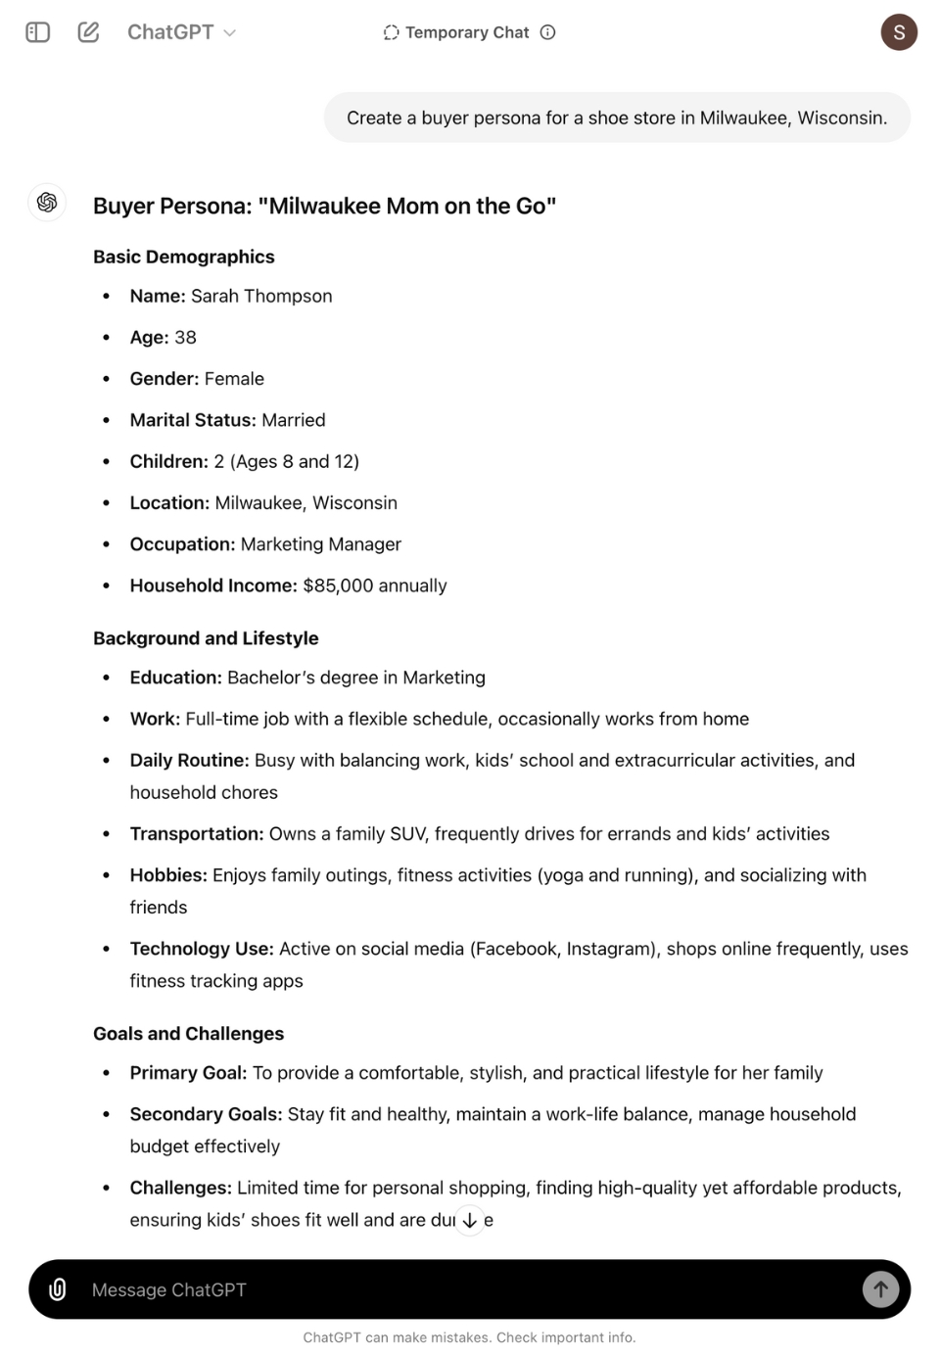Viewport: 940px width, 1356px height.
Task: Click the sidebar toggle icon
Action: (37, 32)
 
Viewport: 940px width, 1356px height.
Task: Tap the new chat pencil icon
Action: (88, 32)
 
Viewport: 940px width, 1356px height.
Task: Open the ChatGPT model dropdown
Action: (181, 32)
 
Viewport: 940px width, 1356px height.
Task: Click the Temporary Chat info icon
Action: (548, 32)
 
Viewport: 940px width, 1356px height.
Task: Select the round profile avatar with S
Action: (898, 32)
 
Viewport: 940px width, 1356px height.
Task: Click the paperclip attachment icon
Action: (58, 1289)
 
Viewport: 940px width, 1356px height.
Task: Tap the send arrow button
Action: (880, 1289)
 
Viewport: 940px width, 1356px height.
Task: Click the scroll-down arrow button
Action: (470, 1220)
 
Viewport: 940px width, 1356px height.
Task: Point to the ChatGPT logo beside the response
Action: (47, 203)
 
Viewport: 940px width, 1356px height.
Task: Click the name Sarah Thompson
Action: (261, 296)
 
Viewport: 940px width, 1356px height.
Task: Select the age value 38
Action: (185, 338)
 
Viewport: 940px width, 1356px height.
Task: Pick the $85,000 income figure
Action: (338, 585)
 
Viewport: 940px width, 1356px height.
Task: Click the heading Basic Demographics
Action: (184, 257)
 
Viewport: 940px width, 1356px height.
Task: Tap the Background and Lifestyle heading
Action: (206, 638)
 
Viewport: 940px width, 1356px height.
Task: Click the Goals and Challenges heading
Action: (188, 1034)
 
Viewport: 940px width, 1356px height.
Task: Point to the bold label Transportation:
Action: (197, 834)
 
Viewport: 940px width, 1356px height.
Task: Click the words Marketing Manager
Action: (321, 544)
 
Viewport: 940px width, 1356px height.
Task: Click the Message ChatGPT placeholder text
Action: (169, 1290)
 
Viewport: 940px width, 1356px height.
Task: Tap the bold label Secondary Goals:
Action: (206, 1114)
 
